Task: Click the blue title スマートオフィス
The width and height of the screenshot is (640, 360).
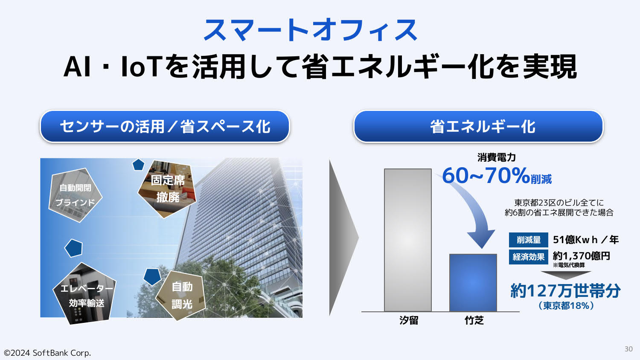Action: [311, 30]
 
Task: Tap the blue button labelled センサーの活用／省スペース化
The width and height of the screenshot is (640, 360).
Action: [165, 126]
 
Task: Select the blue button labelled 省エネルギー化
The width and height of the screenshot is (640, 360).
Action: [478, 126]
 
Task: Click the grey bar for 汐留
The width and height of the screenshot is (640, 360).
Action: [408, 240]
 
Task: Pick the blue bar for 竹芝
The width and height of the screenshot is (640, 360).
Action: [473, 282]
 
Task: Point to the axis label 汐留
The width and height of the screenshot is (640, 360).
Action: [409, 320]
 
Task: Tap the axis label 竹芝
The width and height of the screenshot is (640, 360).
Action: [474, 320]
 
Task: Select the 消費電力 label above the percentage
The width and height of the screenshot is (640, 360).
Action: [496, 157]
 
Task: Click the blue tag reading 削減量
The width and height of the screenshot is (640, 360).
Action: [529, 240]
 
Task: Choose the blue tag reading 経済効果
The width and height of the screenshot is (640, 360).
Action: [529, 257]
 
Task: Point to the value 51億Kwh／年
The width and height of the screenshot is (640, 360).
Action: [586, 240]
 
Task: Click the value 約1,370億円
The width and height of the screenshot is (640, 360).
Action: [582, 256]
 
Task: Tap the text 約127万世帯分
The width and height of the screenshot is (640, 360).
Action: [565, 290]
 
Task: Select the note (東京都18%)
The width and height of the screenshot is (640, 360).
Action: [566, 306]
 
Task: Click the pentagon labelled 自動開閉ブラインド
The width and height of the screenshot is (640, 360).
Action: [75, 195]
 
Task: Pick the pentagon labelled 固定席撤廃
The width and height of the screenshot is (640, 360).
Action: [167, 189]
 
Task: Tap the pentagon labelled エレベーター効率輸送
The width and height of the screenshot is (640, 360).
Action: [85, 294]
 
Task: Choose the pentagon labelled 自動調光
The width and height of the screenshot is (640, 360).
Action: [181, 296]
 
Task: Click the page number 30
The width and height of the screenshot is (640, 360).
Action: [628, 349]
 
